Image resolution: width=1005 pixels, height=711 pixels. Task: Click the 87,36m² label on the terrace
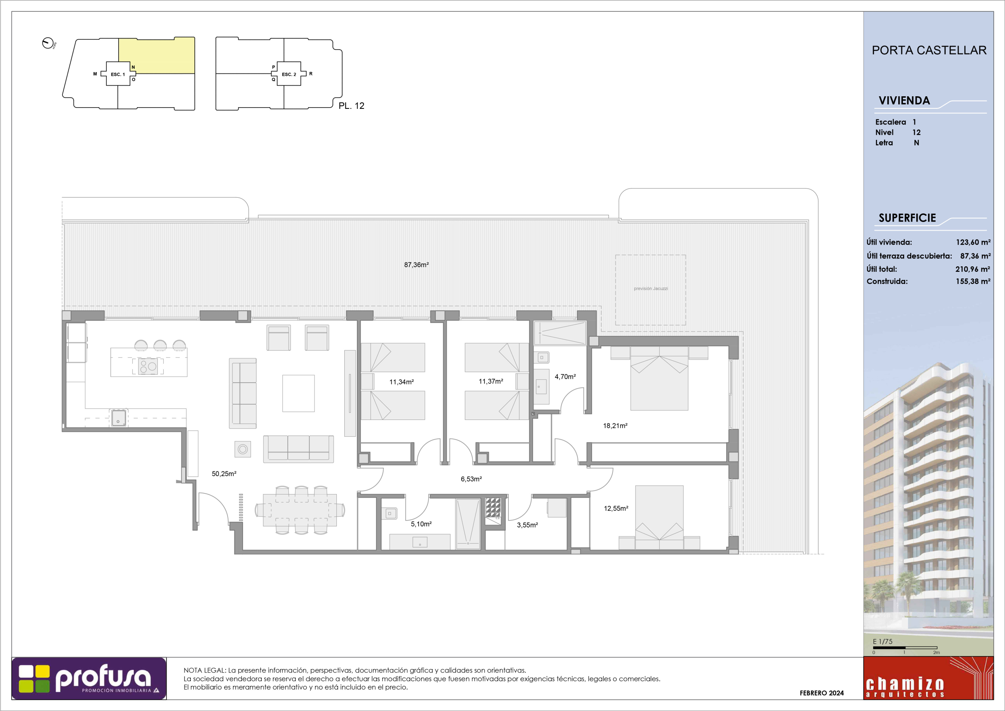[416, 265]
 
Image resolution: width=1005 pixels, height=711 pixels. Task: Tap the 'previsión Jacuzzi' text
[651, 289]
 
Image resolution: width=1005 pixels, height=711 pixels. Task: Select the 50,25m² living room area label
[224, 474]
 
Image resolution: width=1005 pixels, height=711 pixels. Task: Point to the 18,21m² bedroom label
[615, 425]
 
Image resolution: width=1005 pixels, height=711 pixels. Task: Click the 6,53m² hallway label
[471, 479]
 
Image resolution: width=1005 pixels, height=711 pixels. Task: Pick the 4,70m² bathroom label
[565, 376]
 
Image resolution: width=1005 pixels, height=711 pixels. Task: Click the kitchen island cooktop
[148, 366]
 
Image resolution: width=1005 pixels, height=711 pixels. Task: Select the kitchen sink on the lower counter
[119, 418]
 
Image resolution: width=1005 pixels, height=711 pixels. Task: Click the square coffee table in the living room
[298, 393]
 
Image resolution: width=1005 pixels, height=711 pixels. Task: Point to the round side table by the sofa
[243, 449]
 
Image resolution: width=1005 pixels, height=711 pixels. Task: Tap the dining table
[300, 510]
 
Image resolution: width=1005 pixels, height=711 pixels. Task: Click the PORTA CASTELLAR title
[929, 50]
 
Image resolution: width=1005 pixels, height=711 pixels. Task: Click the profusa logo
[89, 678]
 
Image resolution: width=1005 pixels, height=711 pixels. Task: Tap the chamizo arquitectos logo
[928, 678]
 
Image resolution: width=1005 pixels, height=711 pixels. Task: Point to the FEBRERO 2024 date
[822, 693]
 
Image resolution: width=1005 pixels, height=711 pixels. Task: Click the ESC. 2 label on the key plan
[289, 75]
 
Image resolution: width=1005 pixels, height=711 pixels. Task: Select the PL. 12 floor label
[351, 106]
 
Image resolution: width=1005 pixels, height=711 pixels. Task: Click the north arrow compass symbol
[48, 43]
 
